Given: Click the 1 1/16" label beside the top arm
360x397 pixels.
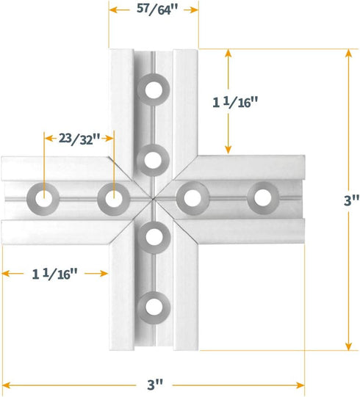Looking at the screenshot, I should click(237, 103).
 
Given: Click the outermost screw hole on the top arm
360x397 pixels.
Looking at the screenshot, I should click(154, 90).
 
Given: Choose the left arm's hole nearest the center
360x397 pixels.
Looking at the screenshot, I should click(111, 197).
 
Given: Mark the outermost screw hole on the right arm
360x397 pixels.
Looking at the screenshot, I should click(261, 196).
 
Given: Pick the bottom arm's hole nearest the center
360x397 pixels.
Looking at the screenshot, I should click(154, 236).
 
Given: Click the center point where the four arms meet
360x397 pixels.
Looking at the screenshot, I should click(151, 197).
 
